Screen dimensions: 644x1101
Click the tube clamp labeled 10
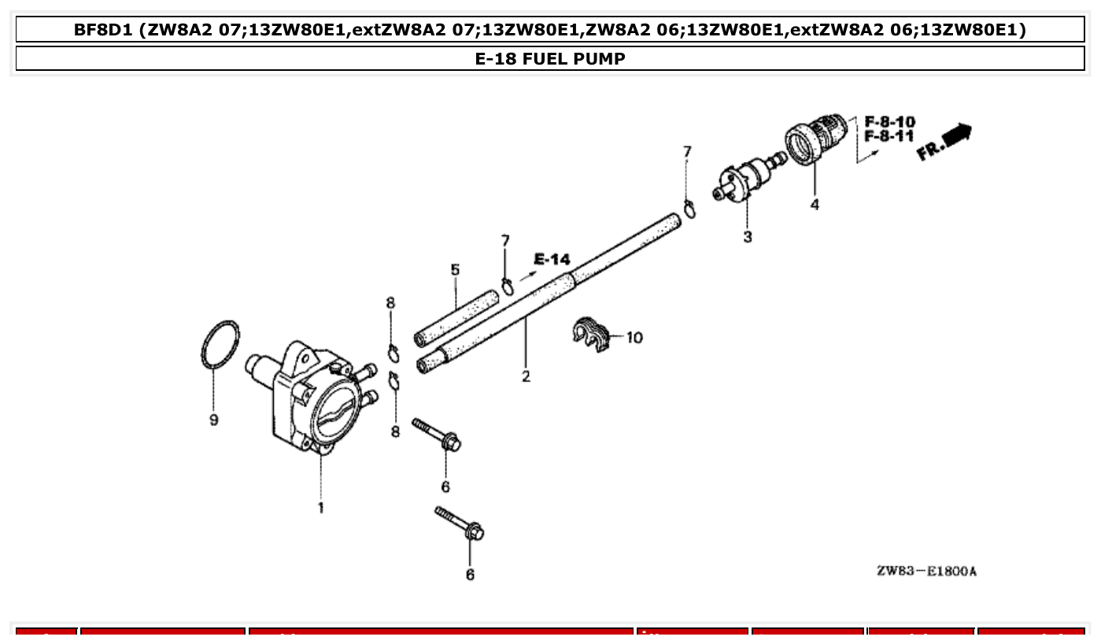point(591,334)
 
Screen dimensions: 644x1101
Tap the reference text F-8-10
point(889,122)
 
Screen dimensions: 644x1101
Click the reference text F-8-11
point(889,136)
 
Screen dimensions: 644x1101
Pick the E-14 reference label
point(552,259)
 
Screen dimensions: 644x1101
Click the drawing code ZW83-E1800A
point(926,571)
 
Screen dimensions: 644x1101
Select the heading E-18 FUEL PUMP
point(550,59)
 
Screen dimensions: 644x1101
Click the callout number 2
point(526,376)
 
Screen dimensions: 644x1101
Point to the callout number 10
point(634,338)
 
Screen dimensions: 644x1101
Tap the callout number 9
point(213,420)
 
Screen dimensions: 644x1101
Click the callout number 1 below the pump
point(320,508)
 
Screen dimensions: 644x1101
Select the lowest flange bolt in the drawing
point(460,523)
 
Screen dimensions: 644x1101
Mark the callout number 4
point(815,205)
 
